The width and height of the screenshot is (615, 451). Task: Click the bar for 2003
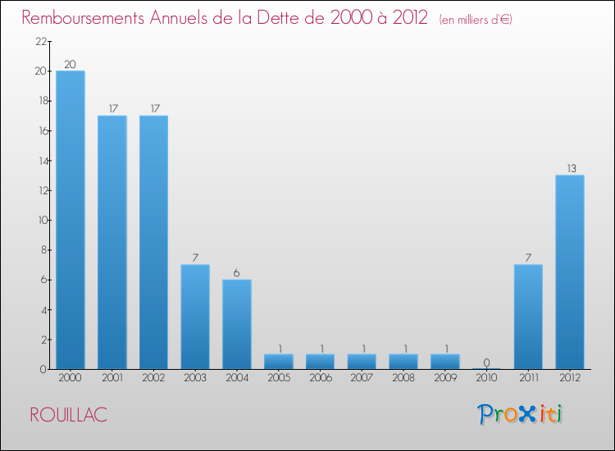[195, 317]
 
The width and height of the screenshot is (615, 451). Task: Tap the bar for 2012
[570, 272]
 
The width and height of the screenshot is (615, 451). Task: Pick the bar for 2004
[237, 324]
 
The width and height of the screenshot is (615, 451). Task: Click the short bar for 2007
[362, 362]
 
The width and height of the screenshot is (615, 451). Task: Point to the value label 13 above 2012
[570, 169]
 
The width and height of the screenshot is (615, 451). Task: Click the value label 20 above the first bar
[71, 65]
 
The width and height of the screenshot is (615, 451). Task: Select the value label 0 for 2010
[486, 362]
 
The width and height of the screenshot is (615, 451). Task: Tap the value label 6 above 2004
[237, 273]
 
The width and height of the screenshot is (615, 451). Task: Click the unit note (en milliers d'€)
[475, 20]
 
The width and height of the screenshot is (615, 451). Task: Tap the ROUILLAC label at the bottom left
[68, 415]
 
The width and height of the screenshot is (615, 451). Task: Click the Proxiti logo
[520, 414]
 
